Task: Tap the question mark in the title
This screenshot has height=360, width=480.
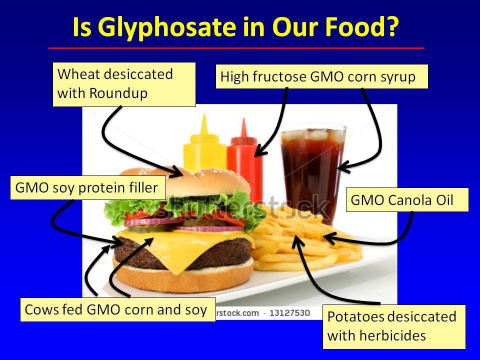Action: (391, 26)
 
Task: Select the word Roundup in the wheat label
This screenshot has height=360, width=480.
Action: (118, 93)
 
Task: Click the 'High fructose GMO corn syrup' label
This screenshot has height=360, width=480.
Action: (321, 76)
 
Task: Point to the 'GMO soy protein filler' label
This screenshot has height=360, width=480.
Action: (88, 187)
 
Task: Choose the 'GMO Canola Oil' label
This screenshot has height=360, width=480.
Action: (407, 200)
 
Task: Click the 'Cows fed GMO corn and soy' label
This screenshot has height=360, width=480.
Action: (118, 309)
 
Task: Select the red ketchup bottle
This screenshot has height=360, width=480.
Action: (244, 159)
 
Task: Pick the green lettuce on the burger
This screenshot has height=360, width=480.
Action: (183, 208)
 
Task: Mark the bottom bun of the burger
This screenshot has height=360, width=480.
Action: (183, 278)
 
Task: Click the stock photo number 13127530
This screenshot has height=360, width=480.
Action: (289, 313)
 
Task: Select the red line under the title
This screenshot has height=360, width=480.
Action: (236, 48)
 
